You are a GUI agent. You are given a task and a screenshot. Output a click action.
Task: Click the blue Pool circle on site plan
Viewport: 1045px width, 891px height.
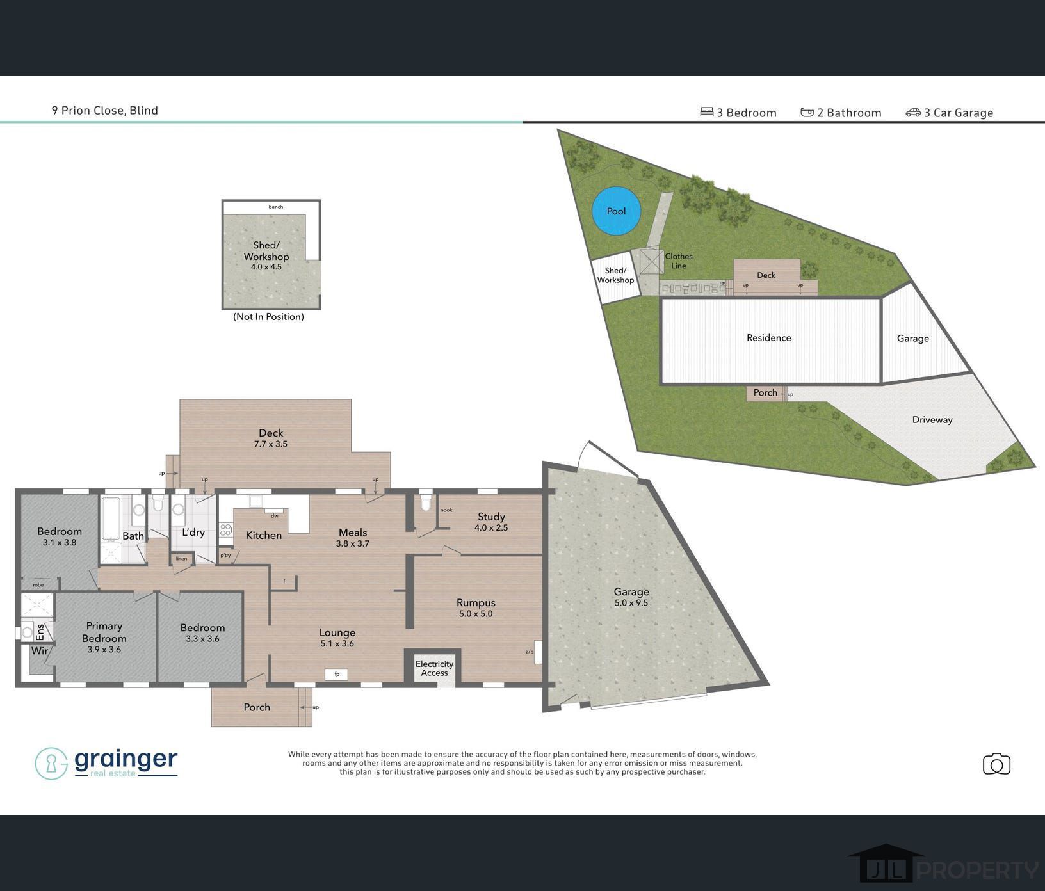pos(616,211)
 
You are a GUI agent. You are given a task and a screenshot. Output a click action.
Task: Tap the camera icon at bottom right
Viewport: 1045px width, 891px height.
pos(996,764)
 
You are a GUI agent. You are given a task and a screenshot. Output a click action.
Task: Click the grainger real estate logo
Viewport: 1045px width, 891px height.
pos(106,763)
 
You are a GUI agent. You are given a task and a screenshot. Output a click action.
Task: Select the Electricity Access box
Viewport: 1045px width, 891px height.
pos(434,668)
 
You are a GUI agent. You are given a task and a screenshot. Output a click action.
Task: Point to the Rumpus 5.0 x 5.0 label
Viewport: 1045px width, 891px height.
pos(476,607)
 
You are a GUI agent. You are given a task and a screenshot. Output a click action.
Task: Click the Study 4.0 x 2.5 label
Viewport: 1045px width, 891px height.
pos(491,522)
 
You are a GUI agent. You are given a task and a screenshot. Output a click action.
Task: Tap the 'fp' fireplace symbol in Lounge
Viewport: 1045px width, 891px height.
pos(337,674)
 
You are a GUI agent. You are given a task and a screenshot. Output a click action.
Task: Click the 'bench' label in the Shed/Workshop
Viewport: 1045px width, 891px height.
pos(275,207)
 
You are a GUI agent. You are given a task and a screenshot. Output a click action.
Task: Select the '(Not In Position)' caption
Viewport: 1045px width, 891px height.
pos(268,317)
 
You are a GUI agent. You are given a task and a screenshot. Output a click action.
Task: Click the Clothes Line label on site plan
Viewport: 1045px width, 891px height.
pos(678,261)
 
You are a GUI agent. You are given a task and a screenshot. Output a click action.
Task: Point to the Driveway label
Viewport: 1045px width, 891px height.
pos(932,420)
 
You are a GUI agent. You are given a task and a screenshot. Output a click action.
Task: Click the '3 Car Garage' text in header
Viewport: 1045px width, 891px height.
pos(958,113)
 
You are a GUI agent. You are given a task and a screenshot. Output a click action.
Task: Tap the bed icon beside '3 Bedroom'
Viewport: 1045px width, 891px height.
pos(706,112)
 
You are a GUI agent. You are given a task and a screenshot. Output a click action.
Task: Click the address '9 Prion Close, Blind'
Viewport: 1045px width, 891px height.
pos(105,110)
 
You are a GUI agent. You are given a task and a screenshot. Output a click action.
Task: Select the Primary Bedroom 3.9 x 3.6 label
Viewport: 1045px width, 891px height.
pos(104,637)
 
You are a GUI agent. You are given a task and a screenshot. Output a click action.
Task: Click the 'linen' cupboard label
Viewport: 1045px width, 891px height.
pos(181,559)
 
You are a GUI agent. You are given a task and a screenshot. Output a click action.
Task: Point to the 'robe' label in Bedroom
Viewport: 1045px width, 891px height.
pos(38,584)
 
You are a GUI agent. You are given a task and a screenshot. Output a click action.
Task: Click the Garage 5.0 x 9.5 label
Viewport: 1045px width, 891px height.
pos(631,597)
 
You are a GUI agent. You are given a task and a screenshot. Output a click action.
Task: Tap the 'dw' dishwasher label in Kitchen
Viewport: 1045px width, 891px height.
pos(275,515)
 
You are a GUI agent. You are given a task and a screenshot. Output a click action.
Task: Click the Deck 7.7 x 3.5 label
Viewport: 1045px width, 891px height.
pos(271,438)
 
